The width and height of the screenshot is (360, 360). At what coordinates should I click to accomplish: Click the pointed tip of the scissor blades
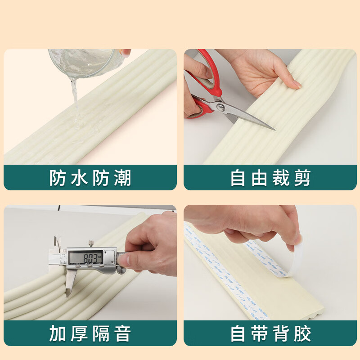coord(273,129)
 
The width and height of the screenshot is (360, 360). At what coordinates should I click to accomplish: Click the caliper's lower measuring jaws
coord(69,283)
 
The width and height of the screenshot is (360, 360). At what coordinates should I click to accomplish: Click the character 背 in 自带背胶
coord(281,334)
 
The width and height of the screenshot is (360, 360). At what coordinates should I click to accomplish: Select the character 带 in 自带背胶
coord(260,334)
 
